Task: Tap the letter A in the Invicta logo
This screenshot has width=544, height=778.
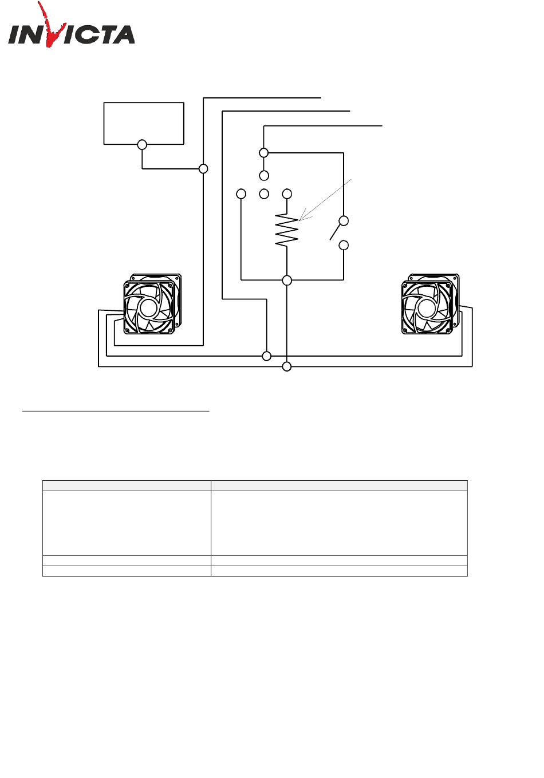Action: [124, 35]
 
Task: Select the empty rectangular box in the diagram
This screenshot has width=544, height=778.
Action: [144, 123]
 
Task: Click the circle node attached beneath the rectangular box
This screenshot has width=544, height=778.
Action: [143, 145]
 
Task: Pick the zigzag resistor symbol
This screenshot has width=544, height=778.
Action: [287, 230]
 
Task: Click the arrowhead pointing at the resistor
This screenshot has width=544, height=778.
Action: [301, 218]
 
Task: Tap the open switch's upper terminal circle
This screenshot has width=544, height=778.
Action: [344, 220]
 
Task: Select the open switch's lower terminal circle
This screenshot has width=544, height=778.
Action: [344, 245]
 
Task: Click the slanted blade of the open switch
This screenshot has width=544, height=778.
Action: [335, 232]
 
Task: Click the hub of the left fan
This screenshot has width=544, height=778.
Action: [149, 308]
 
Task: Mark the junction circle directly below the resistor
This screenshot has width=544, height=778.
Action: [287, 280]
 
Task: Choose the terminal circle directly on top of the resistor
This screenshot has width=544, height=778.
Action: [287, 194]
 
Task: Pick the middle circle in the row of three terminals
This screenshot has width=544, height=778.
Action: [264, 194]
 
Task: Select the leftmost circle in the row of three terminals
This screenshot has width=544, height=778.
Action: [241, 194]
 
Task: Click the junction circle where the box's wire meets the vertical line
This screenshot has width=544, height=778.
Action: [203, 169]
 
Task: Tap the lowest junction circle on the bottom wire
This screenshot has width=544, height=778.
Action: [287, 366]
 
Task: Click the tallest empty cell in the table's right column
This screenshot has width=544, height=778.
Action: [339, 523]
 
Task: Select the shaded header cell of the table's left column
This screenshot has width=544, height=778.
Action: [127, 485]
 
